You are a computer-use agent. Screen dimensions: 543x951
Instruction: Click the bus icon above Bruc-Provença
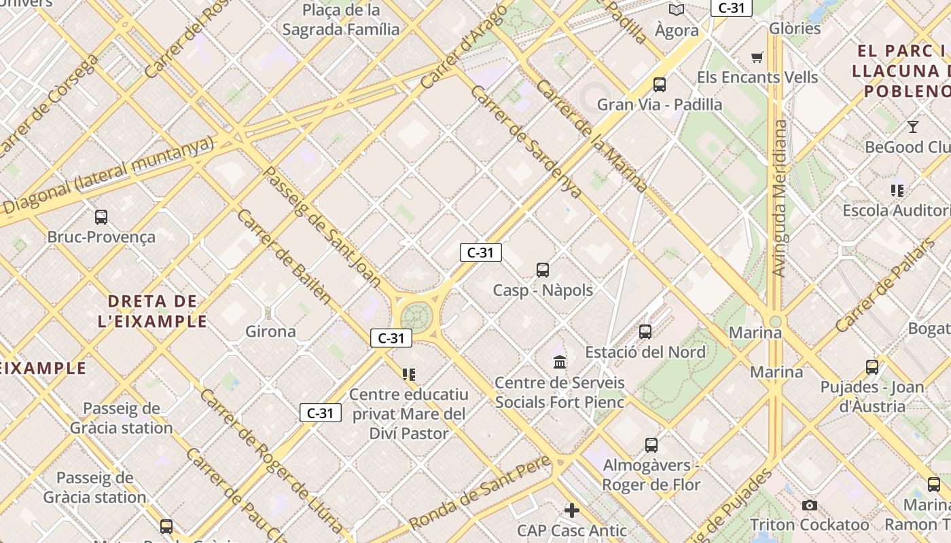pos(101,217)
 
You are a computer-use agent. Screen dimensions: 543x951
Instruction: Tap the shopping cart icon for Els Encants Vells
pos(757,57)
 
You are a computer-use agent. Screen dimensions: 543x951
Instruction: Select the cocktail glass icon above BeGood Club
pos(913,126)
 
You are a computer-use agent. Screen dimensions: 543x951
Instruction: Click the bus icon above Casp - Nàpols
pos(543,270)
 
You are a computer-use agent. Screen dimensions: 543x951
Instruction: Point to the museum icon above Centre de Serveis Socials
pos(560,362)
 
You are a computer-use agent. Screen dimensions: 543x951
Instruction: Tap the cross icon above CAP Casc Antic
pos(572,510)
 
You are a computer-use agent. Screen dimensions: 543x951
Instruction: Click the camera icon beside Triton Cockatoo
pos(809,505)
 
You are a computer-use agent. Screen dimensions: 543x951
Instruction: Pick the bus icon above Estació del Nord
pos(645,332)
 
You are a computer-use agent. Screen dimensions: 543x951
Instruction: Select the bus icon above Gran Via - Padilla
pos(659,85)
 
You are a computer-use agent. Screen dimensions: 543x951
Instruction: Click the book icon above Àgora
pos(677,10)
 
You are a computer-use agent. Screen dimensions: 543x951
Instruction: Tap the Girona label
pos(270,331)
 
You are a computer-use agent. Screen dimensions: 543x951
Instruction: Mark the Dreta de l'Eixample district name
pos(152,311)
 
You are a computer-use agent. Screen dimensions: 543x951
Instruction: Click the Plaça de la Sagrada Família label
pos(341,20)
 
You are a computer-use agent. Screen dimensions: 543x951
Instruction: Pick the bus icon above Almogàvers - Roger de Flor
pos(651,445)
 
